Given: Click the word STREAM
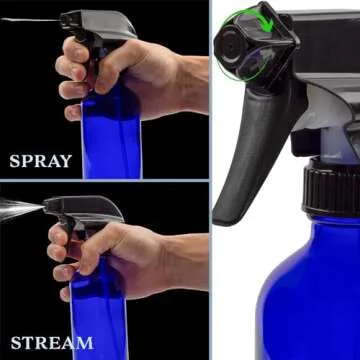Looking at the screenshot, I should tap(52, 342).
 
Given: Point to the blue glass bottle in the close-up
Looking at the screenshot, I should tap(300, 290).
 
